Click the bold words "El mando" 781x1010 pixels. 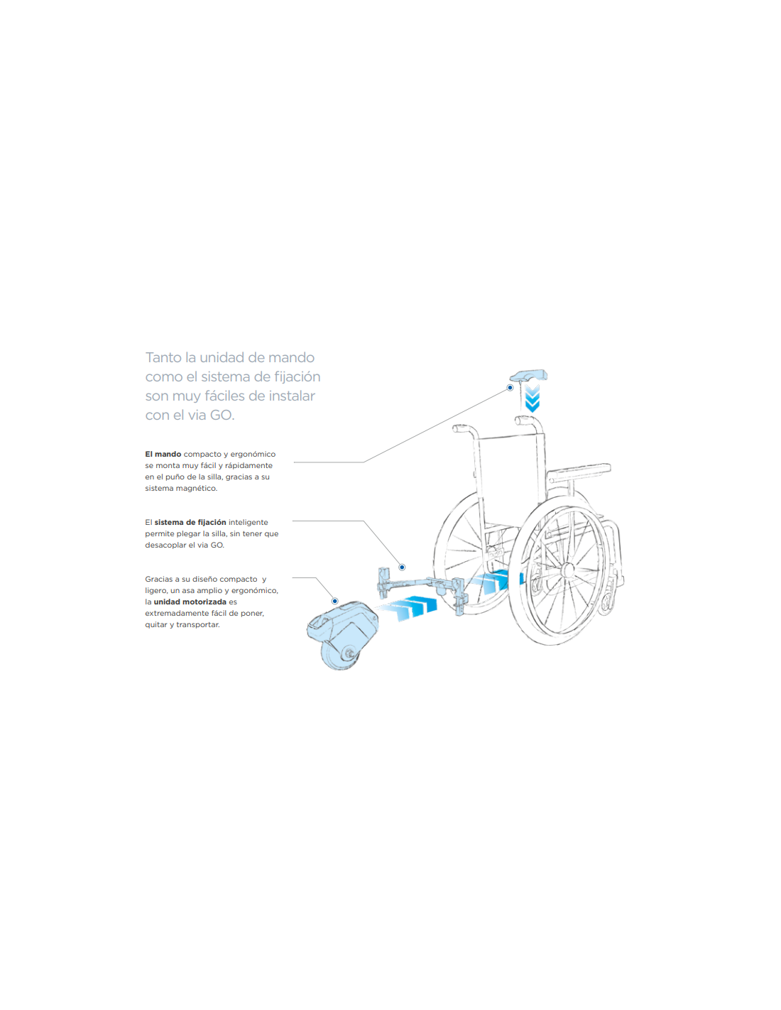[x=163, y=454]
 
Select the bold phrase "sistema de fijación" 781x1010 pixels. [x=190, y=523]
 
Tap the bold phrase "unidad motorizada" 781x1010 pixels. [x=190, y=602]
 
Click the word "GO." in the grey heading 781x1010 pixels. [x=222, y=415]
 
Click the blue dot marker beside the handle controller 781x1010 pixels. [x=510, y=387]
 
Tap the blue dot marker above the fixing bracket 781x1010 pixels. [x=402, y=567]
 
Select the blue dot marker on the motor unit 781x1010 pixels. [x=334, y=601]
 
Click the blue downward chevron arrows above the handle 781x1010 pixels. [x=532, y=398]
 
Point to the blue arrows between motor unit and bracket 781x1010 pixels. [x=409, y=608]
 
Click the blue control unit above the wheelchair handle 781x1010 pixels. [x=529, y=375]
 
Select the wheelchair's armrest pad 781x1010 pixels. [x=579, y=470]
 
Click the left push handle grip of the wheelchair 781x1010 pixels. [x=461, y=428]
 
